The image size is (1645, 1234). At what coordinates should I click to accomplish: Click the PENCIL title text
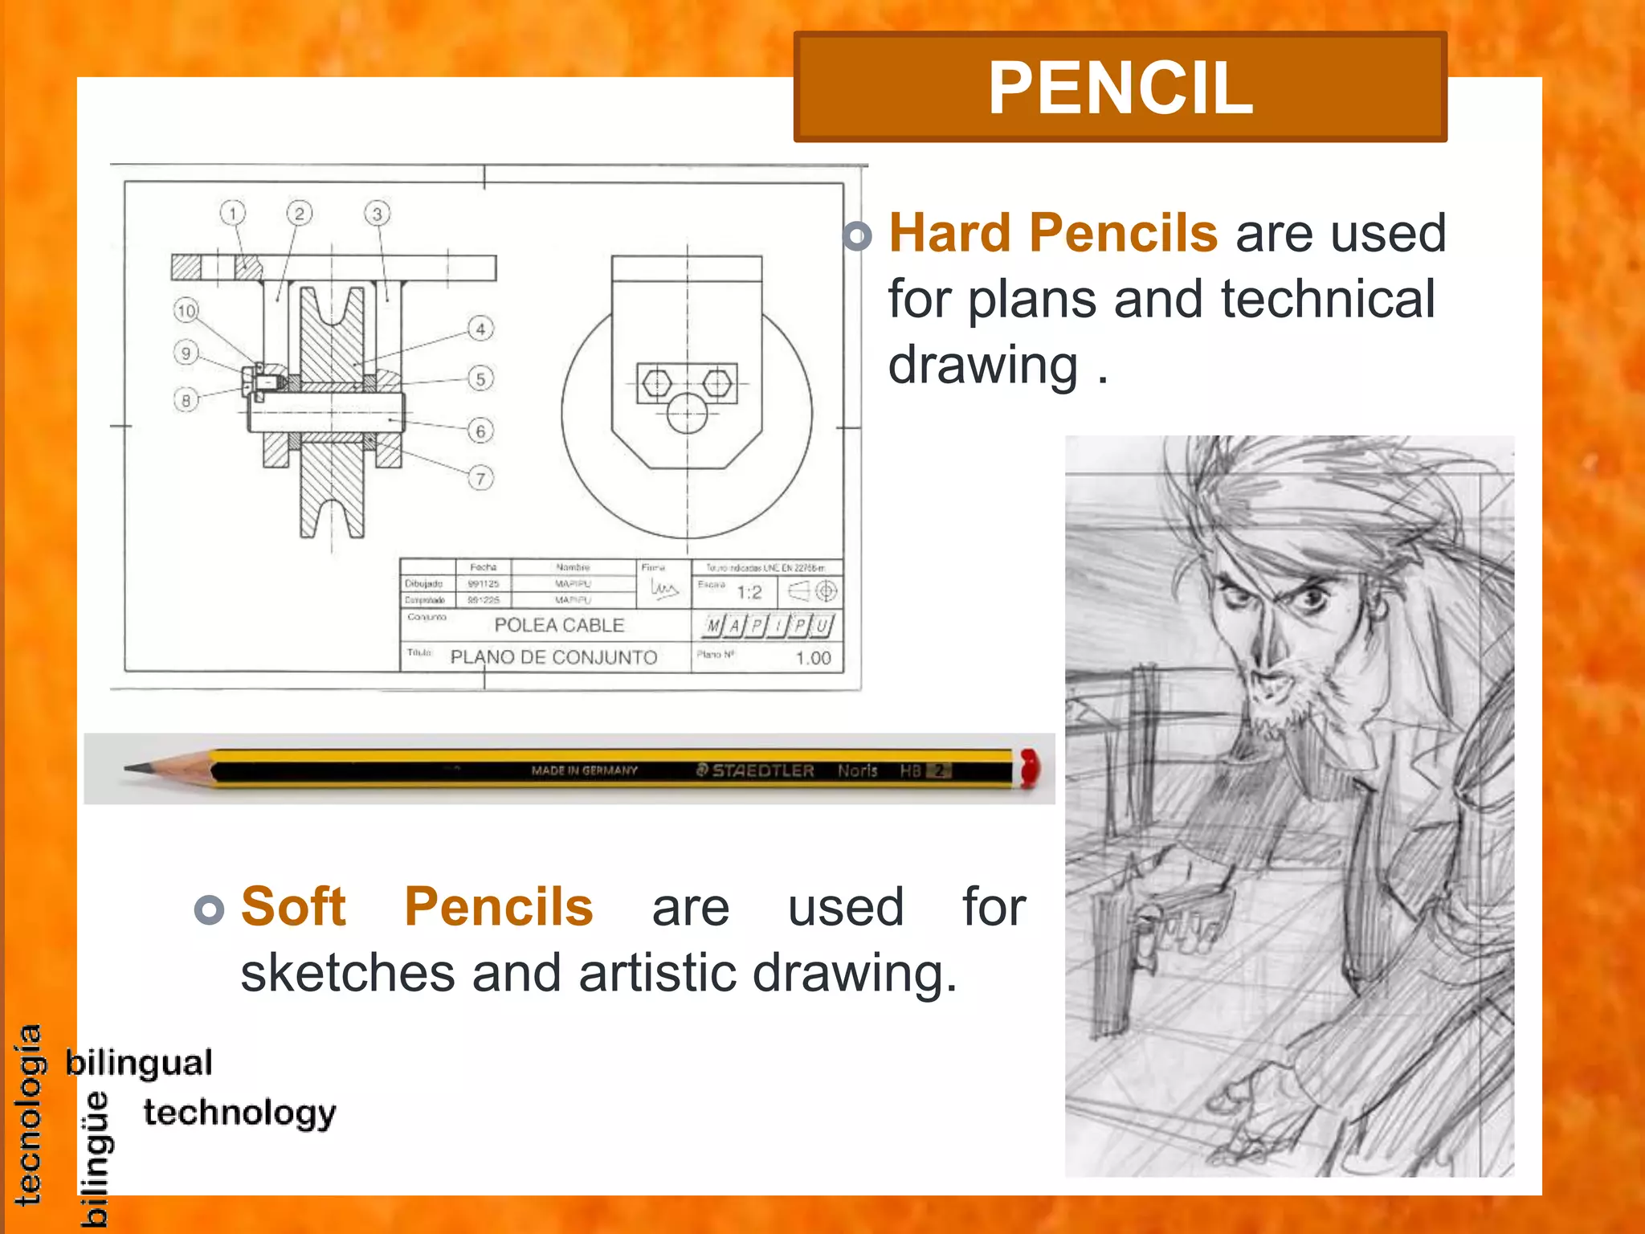coord(1120,88)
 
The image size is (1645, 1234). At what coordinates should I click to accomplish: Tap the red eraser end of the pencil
coord(1029,767)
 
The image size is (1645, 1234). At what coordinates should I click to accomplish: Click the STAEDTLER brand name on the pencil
coord(762,770)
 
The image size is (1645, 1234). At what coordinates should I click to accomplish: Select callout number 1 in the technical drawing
coord(232,214)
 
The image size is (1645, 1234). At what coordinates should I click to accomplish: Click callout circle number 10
coord(186,311)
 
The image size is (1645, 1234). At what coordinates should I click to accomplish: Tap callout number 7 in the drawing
coord(480,479)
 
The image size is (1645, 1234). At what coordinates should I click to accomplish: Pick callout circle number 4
coord(480,329)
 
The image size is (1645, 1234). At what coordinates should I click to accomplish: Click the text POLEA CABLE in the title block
coord(559,625)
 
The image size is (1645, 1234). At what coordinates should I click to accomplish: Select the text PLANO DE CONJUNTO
coord(553,657)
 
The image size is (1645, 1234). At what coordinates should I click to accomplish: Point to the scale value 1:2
coord(749,593)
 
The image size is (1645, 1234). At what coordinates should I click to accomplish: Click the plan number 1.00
coord(813,658)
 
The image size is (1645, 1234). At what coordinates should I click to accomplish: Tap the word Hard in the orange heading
coord(950,233)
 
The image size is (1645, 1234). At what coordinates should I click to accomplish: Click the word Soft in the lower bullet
coord(293,906)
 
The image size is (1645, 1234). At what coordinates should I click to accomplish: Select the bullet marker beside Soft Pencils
coord(209,909)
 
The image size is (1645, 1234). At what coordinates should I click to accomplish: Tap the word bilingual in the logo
coord(139,1063)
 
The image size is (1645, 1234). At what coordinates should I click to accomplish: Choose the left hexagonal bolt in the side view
coord(657,382)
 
